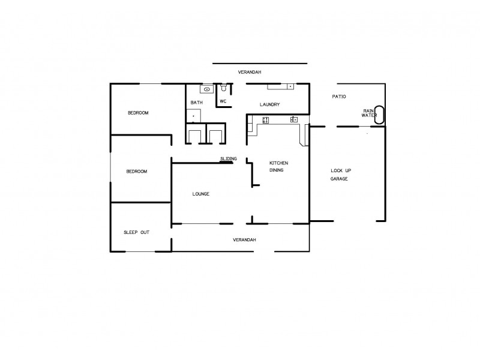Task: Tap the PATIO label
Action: [339, 97]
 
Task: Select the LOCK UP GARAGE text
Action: [339, 175]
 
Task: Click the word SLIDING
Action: [228, 158]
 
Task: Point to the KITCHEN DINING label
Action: [279, 167]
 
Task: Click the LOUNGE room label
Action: [200, 193]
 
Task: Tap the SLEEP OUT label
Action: [136, 232]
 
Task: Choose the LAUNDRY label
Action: [269, 105]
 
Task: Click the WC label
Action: [223, 101]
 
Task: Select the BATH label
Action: [197, 103]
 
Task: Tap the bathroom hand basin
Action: [206, 89]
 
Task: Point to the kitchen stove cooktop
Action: [265, 120]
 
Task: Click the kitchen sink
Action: [294, 119]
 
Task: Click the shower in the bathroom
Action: [193, 116]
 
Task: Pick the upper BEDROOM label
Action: [138, 113]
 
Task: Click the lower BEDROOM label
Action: [136, 172]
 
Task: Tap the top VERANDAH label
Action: [250, 72]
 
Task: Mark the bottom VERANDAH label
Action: [244, 240]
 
